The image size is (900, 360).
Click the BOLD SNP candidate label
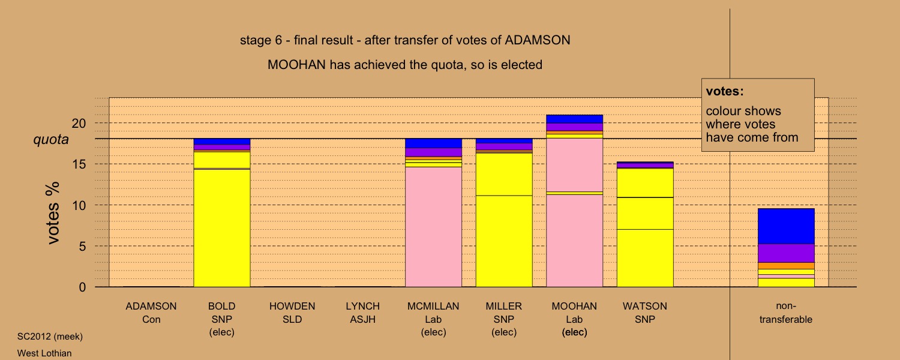tap(222, 319)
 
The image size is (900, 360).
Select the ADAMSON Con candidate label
tap(151, 313)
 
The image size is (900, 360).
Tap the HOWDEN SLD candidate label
tap(292, 313)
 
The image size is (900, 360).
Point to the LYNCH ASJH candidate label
tap(363, 313)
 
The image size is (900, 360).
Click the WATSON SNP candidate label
tap(645, 313)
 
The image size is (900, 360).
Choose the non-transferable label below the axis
tap(786, 313)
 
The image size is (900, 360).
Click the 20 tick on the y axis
tap(79, 124)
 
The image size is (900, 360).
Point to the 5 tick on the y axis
tap(82, 246)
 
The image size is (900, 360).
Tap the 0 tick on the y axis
tap(82, 287)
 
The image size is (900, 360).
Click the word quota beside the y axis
tap(51, 140)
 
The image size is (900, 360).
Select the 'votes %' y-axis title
tap(53, 213)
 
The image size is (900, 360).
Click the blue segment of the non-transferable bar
tap(786, 226)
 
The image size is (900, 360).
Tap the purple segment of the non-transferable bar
tap(786, 253)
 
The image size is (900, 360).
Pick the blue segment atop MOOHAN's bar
tap(575, 119)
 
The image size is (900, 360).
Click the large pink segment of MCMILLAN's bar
tap(434, 227)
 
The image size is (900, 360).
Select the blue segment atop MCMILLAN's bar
tap(434, 143)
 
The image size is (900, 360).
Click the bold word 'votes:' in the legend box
tap(725, 91)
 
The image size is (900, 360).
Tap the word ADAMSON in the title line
tap(538, 40)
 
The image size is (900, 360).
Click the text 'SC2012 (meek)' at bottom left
tap(50, 337)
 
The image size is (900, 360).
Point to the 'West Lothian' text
tap(44, 353)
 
